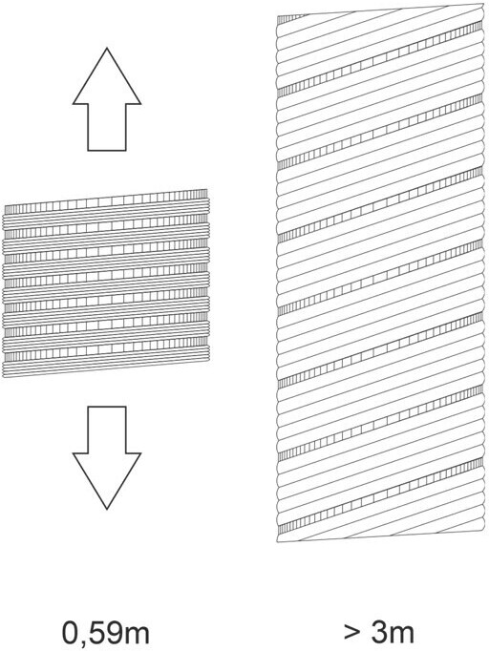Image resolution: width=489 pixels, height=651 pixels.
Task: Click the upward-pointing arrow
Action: pyautogui.click(x=107, y=99)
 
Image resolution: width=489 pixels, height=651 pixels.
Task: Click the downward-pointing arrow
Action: pyautogui.click(x=107, y=456)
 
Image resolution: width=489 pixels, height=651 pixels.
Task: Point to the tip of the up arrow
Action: pyautogui.click(x=107, y=48)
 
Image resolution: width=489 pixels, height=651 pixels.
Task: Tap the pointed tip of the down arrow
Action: pyautogui.click(x=107, y=509)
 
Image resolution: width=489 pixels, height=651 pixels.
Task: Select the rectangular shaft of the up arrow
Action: pyautogui.click(x=107, y=127)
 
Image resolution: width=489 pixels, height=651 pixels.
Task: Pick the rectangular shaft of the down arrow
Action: pyautogui.click(x=107, y=430)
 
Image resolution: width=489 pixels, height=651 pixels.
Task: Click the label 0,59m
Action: pyautogui.click(x=106, y=633)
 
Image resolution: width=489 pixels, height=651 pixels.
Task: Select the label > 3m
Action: pyautogui.click(x=379, y=632)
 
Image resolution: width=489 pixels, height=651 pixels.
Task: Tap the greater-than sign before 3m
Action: pyautogui.click(x=352, y=633)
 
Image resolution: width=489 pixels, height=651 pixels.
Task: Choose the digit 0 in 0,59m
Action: pyautogui.click(x=71, y=632)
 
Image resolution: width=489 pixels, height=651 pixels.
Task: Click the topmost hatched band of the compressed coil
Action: pyautogui.click(x=105, y=201)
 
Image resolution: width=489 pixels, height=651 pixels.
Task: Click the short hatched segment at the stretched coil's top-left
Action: pyautogui.click(x=292, y=19)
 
